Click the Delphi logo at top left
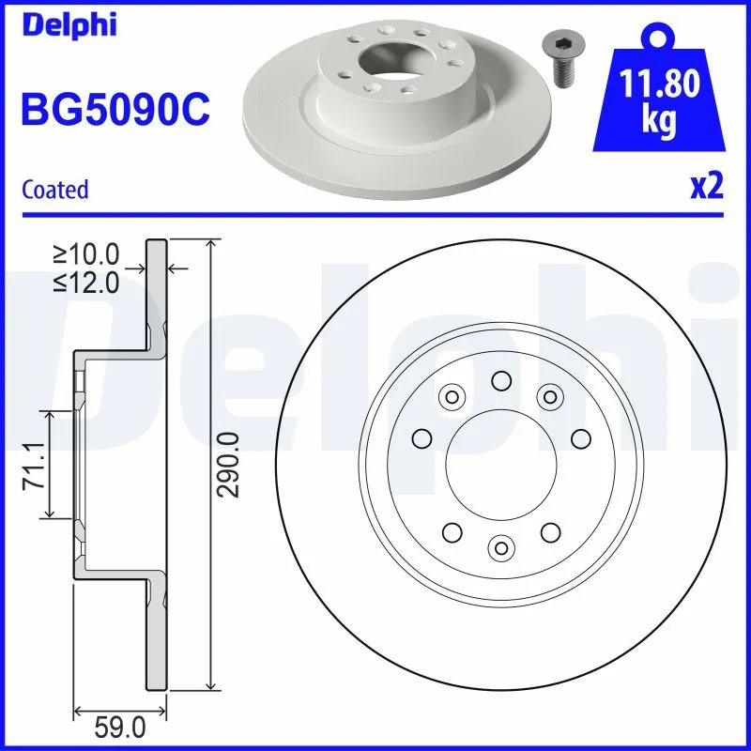tap(69, 24)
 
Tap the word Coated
tap(55, 190)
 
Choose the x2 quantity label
tap(707, 188)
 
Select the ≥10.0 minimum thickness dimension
tap(86, 253)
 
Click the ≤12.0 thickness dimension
tap(86, 283)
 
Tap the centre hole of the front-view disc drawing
tap(500, 465)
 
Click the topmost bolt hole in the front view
tap(500, 380)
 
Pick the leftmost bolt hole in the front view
tap(421, 437)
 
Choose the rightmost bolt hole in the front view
tap(579, 437)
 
